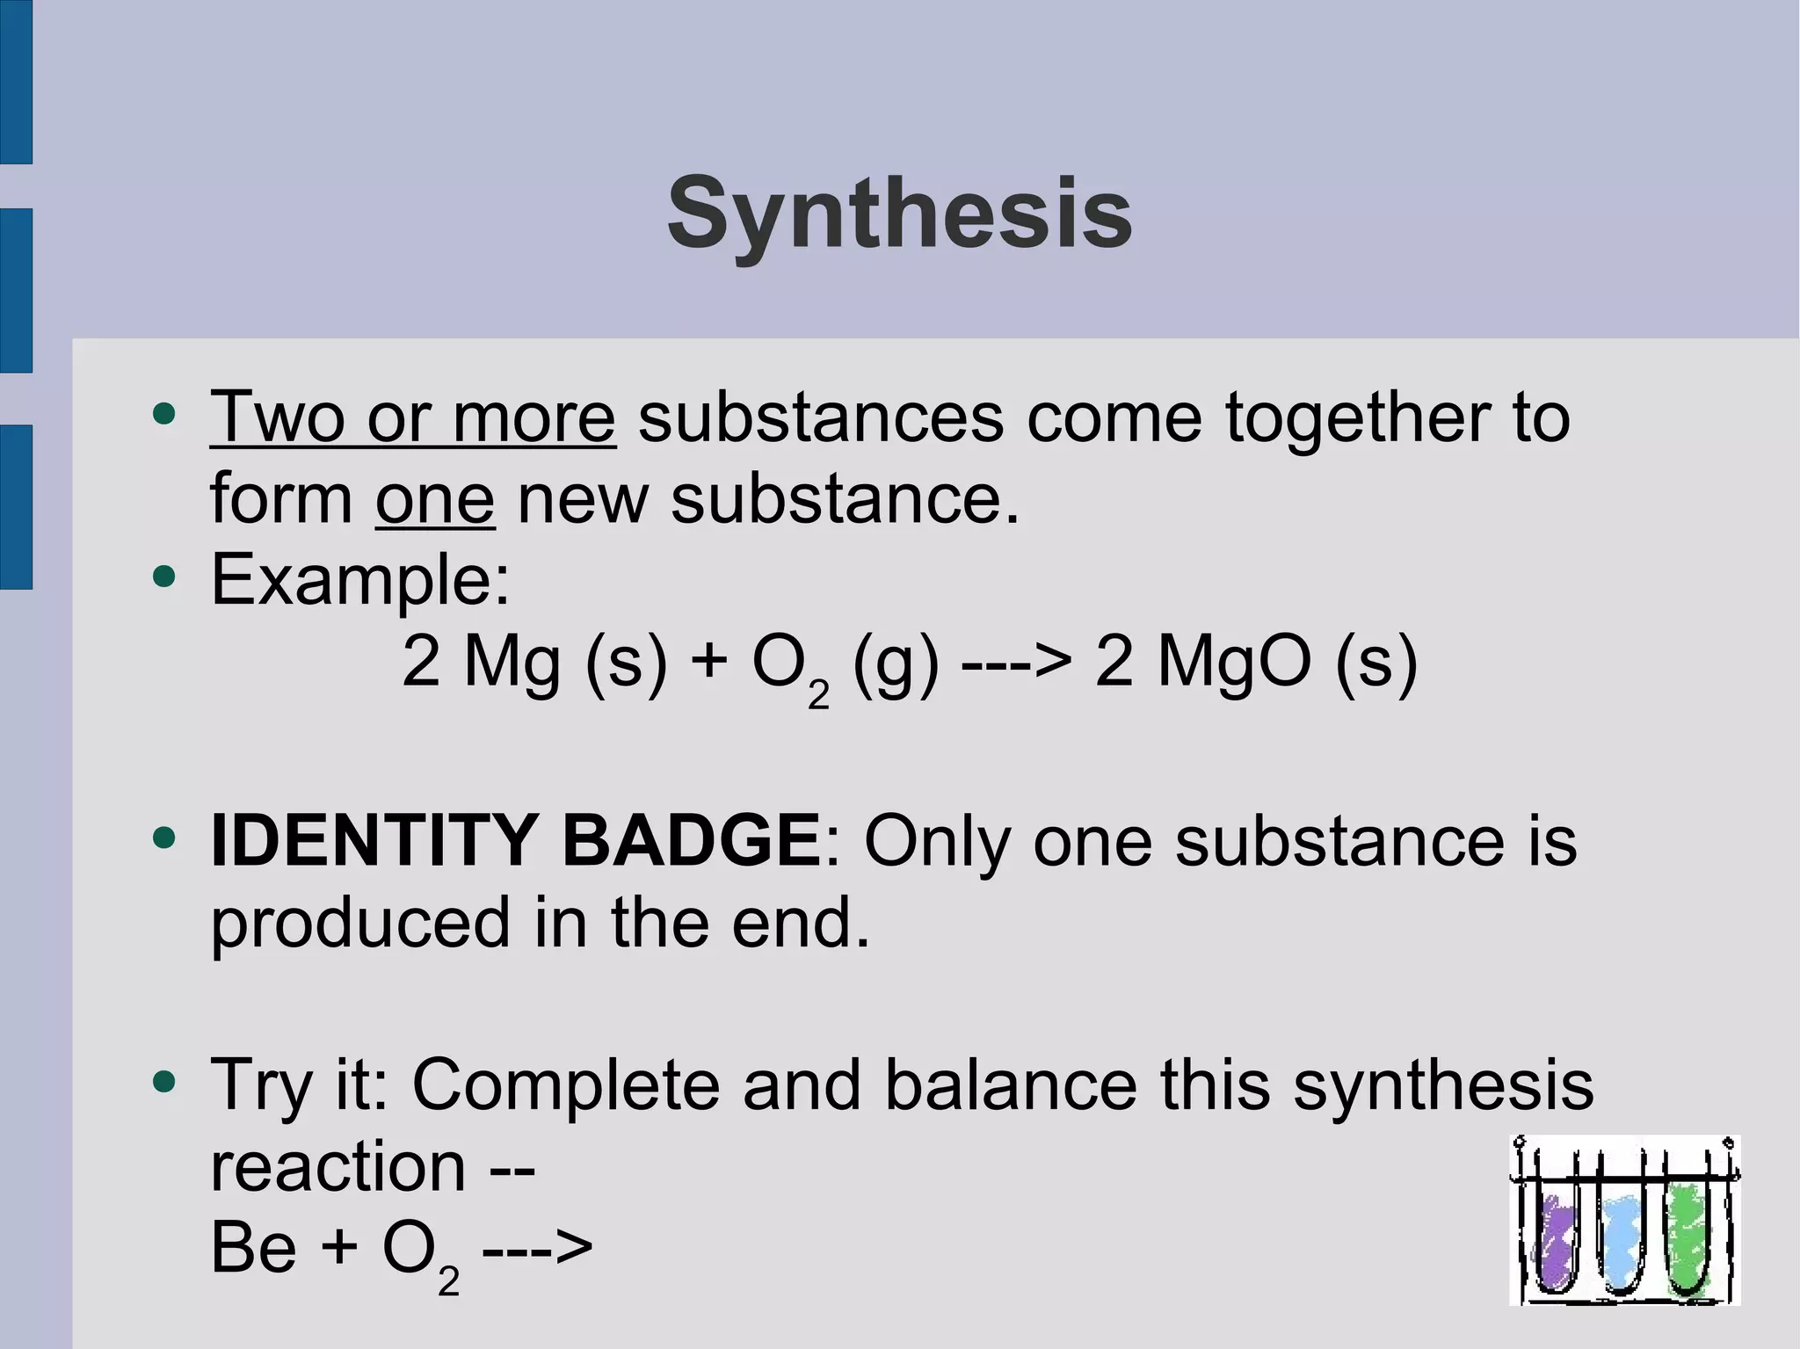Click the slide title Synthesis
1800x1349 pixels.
point(899,214)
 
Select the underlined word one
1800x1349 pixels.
point(435,498)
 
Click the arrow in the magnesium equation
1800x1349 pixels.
point(1016,663)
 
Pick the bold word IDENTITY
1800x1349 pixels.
point(374,840)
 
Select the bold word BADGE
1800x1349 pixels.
point(690,840)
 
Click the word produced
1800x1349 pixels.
point(360,923)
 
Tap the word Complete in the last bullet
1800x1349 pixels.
point(566,1084)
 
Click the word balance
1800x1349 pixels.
point(1010,1084)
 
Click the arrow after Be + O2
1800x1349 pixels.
point(538,1248)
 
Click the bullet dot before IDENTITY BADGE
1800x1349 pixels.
point(163,837)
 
